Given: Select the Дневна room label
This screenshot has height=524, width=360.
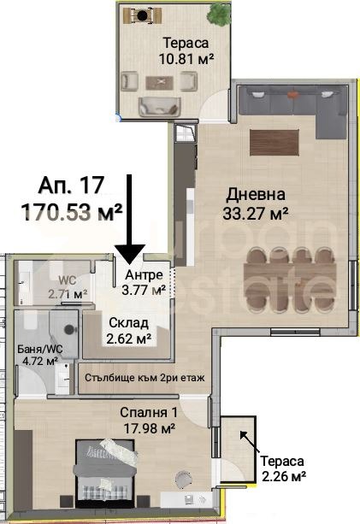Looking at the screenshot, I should pyautogui.click(x=255, y=192).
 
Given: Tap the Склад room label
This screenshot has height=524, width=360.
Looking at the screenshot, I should pyautogui.click(x=128, y=322).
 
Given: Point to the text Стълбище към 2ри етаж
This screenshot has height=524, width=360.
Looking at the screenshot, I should pyautogui.click(x=145, y=378).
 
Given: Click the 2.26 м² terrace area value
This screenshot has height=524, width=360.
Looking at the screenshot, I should pyautogui.click(x=285, y=476).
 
